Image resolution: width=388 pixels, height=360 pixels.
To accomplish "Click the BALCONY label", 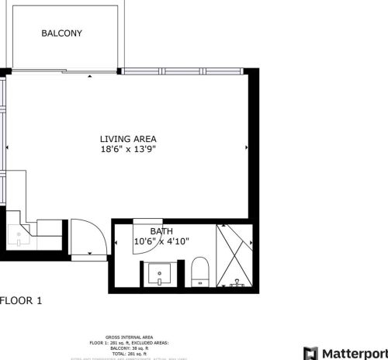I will pyautogui.click(x=61, y=33).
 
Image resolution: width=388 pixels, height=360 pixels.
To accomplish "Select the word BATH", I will pyautogui.click(x=161, y=231).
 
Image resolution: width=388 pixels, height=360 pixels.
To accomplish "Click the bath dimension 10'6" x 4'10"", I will pyautogui.click(x=161, y=241).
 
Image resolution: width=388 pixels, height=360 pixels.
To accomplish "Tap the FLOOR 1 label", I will pyautogui.click(x=21, y=300).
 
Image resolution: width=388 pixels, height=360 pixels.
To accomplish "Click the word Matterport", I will pyautogui.click(x=355, y=353).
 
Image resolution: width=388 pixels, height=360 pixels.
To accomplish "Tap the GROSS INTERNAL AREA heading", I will pyautogui.click(x=128, y=337).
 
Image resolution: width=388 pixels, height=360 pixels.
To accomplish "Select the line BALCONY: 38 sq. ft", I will pyautogui.click(x=128, y=347).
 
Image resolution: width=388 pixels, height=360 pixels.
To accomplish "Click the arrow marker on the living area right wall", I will pyautogui.click(x=245, y=147).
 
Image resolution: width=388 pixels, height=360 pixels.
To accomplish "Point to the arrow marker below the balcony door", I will pyautogui.click(x=90, y=76).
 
